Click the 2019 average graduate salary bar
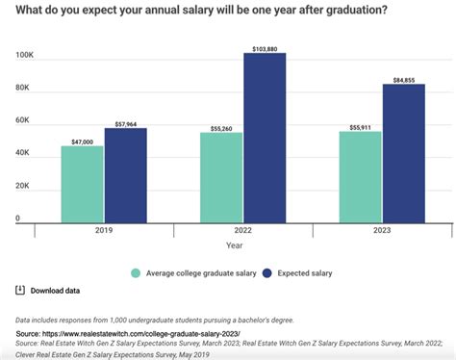[x=82, y=182]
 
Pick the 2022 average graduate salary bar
[x=221, y=175]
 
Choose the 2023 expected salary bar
[x=403, y=151]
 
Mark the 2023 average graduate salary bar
[x=361, y=175]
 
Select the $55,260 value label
[x=221, y=126]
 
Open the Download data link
[x=55, y=291]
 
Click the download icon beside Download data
[x=20, y=290]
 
